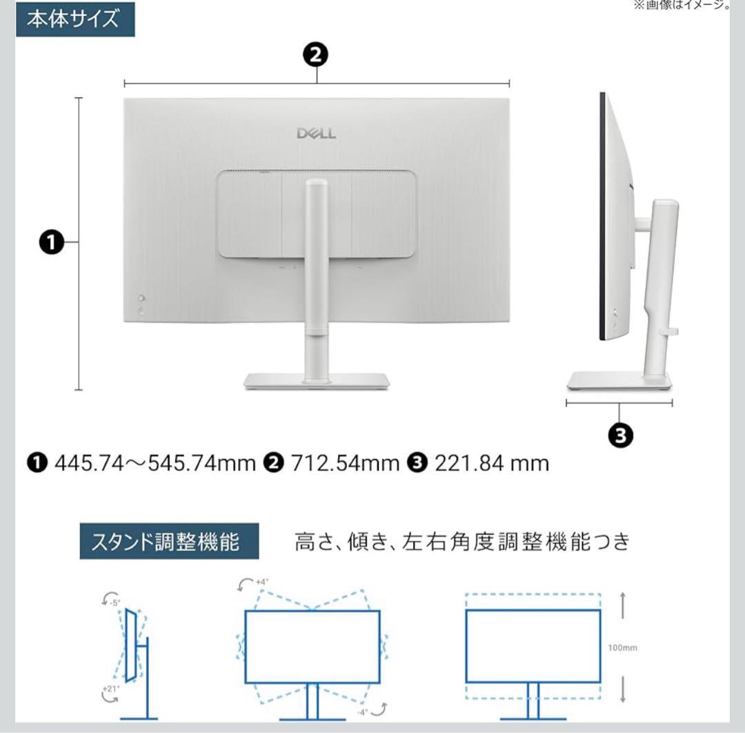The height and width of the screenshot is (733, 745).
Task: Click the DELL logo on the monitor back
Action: pos(317,133)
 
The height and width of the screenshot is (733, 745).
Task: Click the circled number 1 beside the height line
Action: pos(51,243)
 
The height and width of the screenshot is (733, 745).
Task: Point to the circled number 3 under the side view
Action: pos(620,435)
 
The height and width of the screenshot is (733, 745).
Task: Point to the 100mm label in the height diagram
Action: pos(623,648)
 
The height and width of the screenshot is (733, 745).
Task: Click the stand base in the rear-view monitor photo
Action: pos(317,381)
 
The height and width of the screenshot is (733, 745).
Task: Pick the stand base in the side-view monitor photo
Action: pos(619,381)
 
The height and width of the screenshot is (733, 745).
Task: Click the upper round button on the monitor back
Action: pos(141,299)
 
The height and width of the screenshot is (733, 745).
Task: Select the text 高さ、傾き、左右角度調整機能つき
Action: pos(462,542)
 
